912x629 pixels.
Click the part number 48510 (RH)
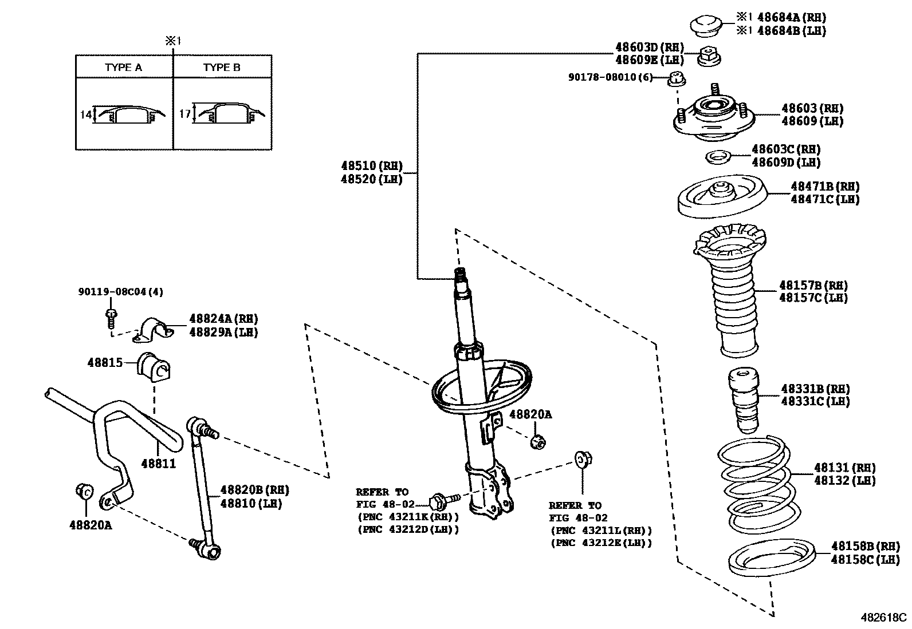371,166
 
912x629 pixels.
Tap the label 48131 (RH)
844,468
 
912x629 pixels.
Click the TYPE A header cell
124,67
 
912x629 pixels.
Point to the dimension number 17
184,114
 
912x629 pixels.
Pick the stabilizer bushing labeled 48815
154,366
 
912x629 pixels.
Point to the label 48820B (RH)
255,490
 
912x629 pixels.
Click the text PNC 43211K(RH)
407,517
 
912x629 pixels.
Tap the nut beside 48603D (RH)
709,56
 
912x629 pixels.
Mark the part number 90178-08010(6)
610,77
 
